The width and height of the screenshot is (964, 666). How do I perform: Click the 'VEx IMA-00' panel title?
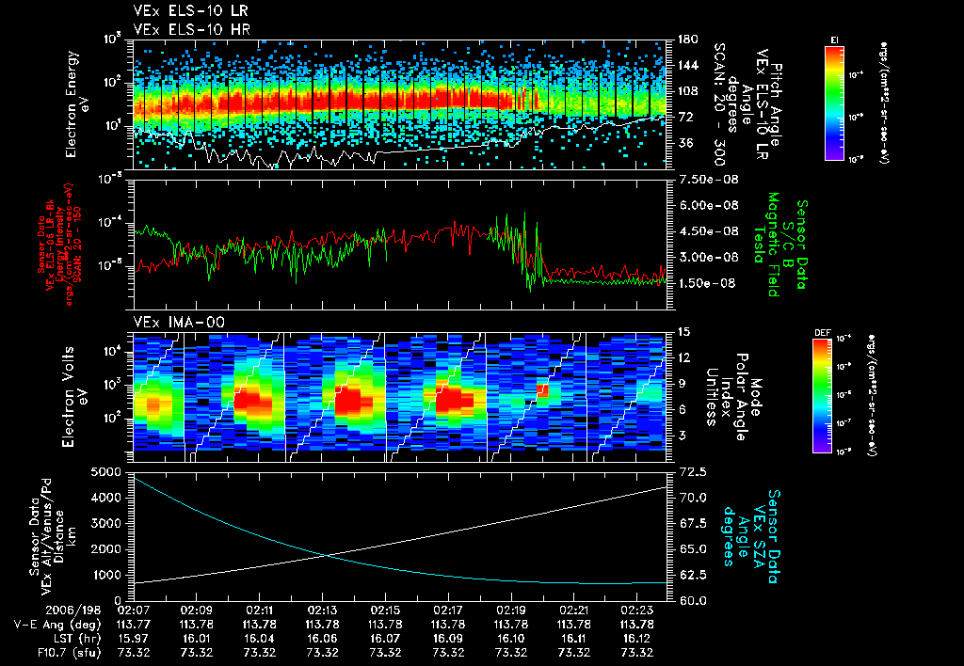[170, 322]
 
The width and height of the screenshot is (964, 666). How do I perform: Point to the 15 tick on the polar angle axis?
[683, 332]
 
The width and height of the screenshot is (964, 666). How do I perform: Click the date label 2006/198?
[40, 609]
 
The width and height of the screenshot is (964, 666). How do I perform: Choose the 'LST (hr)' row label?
[45, 638]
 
